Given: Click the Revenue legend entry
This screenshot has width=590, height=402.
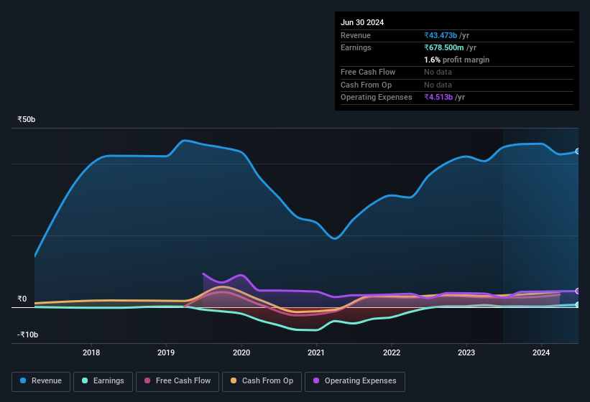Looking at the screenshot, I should pos(41,381).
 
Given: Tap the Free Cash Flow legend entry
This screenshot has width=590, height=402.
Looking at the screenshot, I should pos(178,381).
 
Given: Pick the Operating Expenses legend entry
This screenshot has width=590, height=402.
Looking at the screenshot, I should pos(355,381).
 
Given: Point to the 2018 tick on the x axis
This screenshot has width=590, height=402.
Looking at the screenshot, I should pos(91,352).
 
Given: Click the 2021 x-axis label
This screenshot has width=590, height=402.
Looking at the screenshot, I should pos(316,352).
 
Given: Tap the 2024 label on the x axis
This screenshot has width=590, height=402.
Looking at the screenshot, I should pos(541,352).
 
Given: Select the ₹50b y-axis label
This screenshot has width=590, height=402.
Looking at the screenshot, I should pos(27,119).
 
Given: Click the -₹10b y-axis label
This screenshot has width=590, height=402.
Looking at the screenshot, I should pos(28,335).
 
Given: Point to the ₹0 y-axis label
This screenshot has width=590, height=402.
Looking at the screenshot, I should pos(22,299).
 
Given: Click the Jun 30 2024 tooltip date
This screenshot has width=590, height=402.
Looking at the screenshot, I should pos(362,22).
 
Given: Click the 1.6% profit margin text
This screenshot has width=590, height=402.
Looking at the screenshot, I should pos(456,60).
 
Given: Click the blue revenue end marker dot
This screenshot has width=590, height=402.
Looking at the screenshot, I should pos(578,151).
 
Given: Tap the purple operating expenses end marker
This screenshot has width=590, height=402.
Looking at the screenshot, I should pos(578,291).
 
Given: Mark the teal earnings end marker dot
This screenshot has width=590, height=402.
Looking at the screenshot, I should pos(578,305).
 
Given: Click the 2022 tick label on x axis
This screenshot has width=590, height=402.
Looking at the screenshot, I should pos(392,352).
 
